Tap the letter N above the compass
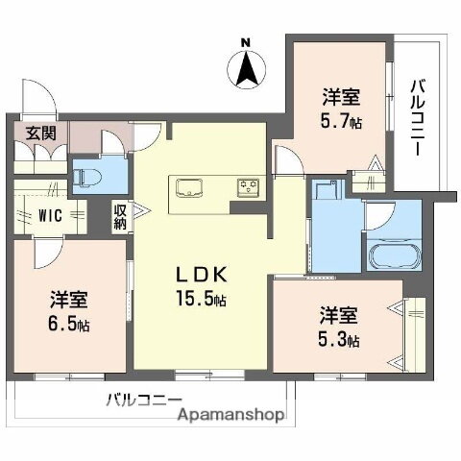(246, 42)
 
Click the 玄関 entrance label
(26, 133)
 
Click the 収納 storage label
(119, 216)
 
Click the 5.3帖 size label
(341, 338)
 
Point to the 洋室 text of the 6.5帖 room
(69, 300)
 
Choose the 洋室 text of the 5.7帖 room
(342, 96)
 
